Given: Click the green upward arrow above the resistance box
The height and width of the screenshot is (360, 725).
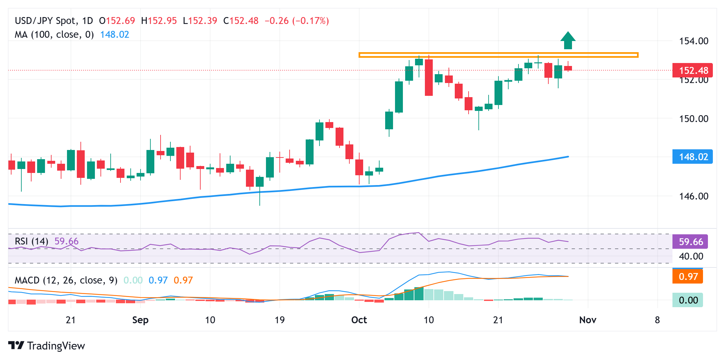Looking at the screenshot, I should (568, 41).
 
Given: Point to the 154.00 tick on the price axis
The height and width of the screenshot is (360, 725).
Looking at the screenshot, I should (693, 41).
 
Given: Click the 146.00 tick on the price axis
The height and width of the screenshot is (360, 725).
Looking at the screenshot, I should (693, 196).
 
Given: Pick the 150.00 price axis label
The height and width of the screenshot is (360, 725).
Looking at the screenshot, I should (693, 118).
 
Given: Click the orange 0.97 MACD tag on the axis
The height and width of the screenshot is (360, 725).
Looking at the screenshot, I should (688, 277).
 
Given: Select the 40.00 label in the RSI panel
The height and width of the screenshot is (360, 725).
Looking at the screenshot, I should (691, 256).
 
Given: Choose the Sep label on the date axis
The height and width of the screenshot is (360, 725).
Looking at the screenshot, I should (140, 320).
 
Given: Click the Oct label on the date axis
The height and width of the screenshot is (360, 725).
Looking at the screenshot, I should (359, 320).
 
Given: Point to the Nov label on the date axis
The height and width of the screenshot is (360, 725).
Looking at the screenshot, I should (587, 320).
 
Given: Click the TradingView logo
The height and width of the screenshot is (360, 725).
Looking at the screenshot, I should (47, 346).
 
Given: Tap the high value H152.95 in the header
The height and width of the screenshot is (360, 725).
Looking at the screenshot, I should (159, 21).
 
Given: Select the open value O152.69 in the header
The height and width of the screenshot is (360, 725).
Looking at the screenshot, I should (117, 21).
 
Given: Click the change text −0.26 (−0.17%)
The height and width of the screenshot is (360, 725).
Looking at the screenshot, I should (297, 21).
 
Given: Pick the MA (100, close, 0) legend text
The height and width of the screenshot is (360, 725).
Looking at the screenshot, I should (54, 34).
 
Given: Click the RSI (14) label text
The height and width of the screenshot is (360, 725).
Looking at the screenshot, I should (32, 241).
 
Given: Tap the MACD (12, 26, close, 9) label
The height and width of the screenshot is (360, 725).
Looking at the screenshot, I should (66, 280).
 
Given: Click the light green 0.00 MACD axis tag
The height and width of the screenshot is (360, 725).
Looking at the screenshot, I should (688, 300).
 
